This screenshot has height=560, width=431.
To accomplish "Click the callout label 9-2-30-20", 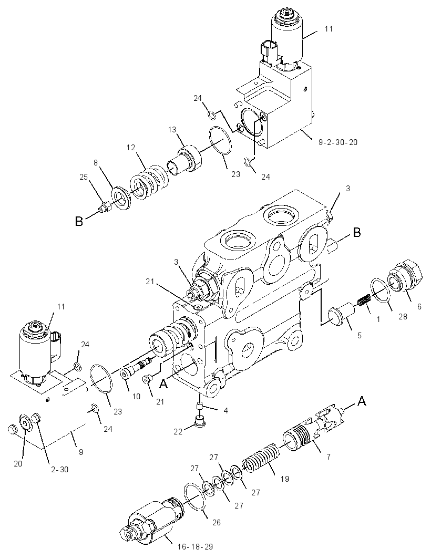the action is click(x=338, y=142).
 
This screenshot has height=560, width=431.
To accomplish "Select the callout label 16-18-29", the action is click(x=195, y=546).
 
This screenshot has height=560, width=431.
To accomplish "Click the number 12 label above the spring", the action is click(x=131, y=147).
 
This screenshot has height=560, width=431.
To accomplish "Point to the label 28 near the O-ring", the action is click(x=403, y=316).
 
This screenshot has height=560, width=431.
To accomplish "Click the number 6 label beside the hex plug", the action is click(x=419, y=306).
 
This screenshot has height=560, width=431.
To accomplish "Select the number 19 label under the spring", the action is click(x=284, y=479).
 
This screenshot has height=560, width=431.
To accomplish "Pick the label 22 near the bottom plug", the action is click(x=178, y=431).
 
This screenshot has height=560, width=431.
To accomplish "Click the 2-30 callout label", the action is click(x=59, y=469).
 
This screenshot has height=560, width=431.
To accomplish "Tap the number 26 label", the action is click(x=217, y=523).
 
